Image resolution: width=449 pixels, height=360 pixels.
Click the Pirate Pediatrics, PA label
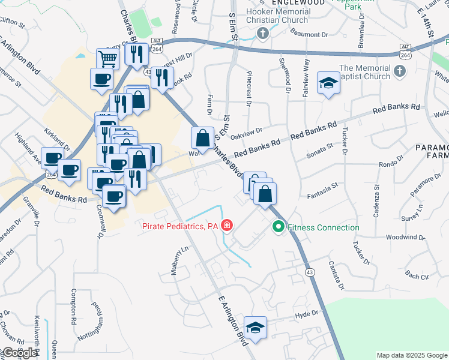[179, 226]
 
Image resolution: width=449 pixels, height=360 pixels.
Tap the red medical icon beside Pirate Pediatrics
[228, 226]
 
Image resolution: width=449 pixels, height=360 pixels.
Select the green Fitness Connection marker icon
[278, 227]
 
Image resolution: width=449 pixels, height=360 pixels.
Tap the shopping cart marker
[108, 59]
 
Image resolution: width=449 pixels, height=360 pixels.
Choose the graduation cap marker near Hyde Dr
[256, 328]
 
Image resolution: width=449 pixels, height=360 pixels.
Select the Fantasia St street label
[323, 194]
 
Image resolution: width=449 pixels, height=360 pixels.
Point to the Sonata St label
[320, 147]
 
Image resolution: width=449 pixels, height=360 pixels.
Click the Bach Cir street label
[417, 276]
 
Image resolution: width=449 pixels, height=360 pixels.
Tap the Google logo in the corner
[19, 353]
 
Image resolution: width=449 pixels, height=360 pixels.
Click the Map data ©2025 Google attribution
[411, 355]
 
